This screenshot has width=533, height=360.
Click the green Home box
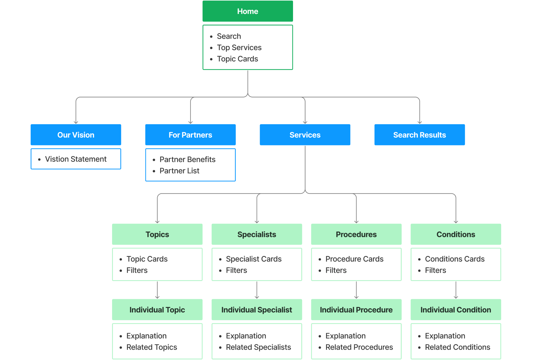pyautogui.click(x=247, y=11)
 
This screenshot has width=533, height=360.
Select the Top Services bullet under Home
pyautogui.click(x=239, y=48)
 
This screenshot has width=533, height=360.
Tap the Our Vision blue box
pyautogui.click(x=76, y=135)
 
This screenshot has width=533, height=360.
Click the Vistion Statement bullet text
pyautogui.click(x=76, y=159)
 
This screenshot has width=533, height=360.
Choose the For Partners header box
pyautogui.click(x=190, y=135)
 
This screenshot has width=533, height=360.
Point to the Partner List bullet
pyautogui.click(x=179, y=171)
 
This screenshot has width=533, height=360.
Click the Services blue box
pyautogui.click(x=305, y=135)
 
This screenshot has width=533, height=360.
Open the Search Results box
pyautogui.click(x=419, y=135)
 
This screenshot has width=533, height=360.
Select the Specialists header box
pyautogui.click(x=256, y=234)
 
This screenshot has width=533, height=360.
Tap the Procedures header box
pyautogui.click(x=356, y=234)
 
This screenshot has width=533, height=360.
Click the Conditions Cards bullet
pyautogui.click(x=455, y=259)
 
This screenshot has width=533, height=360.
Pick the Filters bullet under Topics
pyautogui.click(x=137, y=270)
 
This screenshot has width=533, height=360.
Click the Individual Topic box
pyautogui.click(x=157, y=310)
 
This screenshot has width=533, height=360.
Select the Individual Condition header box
pyautogui.click(x=455, y=310)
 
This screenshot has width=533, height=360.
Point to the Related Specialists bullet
pyautogui.click(x=258, y=347)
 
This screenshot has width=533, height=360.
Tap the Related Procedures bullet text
pyautogui.click(x=359, y=347)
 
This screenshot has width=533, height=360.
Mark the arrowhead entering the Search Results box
pyautogui.click(x=419, y=122)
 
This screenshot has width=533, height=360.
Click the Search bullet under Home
pyautogui.click(x=229, y=36)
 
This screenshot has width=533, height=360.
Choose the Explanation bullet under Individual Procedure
pyautogui.click(x=345, y=336)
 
